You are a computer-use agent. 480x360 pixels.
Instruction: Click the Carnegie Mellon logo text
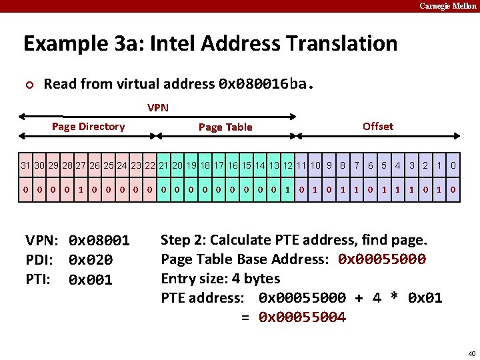[x=447, y=6]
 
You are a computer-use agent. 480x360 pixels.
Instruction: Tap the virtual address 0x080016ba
[x=265, y=84]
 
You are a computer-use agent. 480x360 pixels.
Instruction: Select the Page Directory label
[x=88, y=127]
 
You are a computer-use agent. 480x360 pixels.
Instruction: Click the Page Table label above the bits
[x=225, y=127]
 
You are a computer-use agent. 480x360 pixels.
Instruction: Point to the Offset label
[x=378, y=126]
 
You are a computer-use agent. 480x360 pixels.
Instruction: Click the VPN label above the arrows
[x=158, y=107]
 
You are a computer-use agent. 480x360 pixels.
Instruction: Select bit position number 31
[x=25, y=165]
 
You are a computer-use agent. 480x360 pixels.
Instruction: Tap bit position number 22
[x=150, y=165]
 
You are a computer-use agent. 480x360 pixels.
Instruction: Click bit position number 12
[x=288, y=165]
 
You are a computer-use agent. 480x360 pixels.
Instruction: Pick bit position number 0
[x=453, y=165]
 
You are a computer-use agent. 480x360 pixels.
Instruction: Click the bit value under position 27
[x=81, y=189]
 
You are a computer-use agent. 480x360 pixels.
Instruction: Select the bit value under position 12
[x=288, y=189]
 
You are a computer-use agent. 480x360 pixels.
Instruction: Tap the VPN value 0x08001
[x=99, y=241]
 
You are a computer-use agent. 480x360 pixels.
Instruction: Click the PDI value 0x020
[x=91, y=260]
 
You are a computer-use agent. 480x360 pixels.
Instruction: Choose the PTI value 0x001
[x=91, y=280]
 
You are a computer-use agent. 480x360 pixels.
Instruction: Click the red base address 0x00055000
[x=382, y=259]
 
